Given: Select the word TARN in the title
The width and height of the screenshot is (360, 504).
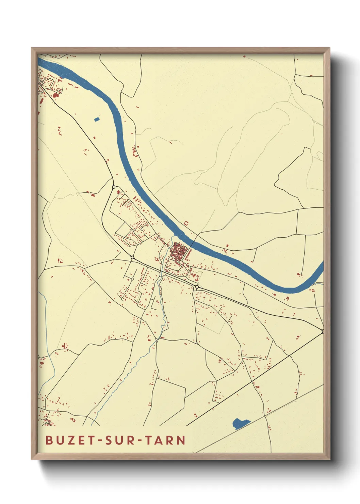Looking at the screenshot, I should [x=165, y=440].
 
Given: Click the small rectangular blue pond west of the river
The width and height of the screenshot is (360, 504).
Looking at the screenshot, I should [x=97, y=119].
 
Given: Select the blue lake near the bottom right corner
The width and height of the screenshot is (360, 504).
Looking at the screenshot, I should [x=240, y=423].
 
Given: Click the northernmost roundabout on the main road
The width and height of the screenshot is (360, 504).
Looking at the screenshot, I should [x=114, y=187].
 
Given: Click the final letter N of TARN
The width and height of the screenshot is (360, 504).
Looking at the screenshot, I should [x=181, y=440].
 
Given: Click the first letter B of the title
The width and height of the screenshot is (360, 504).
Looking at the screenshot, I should [x=49, y=440].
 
